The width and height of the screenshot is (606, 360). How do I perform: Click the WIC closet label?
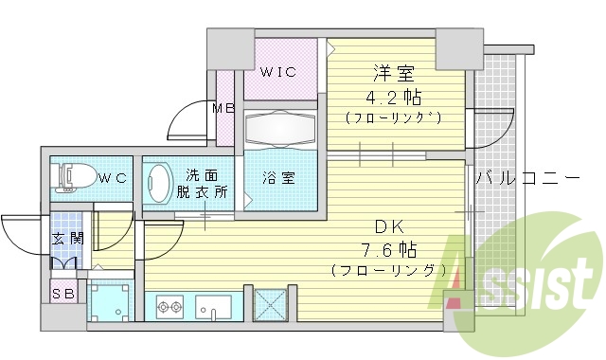tap(279, 70)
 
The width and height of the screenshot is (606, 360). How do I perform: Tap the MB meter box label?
tap(223, 108)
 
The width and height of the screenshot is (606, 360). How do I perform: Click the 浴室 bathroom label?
tap(278, 177)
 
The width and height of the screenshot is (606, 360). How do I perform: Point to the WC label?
tap(114, 177)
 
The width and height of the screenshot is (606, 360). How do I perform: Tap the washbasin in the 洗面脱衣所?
tap(159, 181)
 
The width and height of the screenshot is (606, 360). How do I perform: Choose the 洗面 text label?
tap(201, 174)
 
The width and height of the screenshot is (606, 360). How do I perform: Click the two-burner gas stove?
tap(170, 307)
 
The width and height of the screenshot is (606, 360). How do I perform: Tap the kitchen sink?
tap(213, 307)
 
